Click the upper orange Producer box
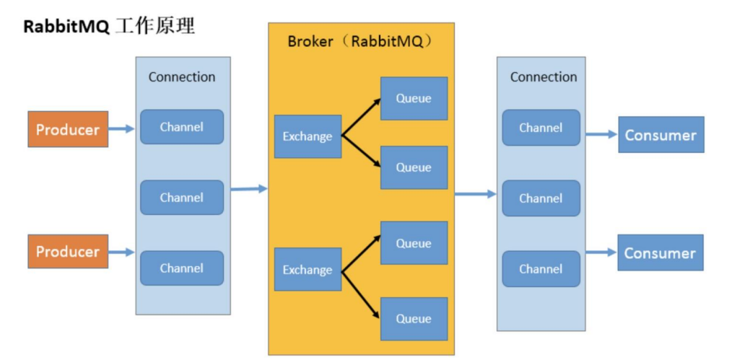click(x=68, y=130)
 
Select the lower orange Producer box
click(x=68, y=252)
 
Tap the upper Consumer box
click(x=661, y=135)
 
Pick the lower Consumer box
click(x=661, y=253)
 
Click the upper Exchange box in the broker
click(x=308, y=136)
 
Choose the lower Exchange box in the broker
click(x=308, y=270)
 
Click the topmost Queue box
click(x=414, y=98)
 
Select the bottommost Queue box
click(x=414, y=319)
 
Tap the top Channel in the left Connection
click(x=182, y=127)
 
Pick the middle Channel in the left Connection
click(x=182, y=198)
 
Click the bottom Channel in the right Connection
click(x=541, y=269)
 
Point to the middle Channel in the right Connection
click(x=541, y=198)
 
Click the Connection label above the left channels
click(x=182, y=77)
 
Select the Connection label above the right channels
click(x=544, y=77)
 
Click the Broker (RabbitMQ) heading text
click(x=360, y=41)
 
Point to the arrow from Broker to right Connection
click(x=475, y=193)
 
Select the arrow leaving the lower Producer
click(x=121, y=252)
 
